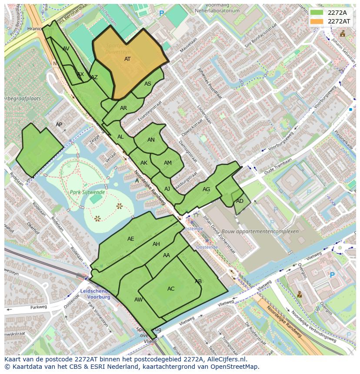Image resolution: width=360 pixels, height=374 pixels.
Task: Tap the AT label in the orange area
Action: (127, 59)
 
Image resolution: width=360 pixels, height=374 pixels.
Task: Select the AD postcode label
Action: (240, 201)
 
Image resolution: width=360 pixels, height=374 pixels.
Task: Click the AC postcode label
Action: (171, 289)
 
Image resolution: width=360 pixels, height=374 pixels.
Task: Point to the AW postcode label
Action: (138, 300)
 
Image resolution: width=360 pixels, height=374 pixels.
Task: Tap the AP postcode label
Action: (59, 125)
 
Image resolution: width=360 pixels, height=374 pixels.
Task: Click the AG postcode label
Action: (206, 189)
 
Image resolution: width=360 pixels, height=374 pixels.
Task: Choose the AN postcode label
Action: (151, 140)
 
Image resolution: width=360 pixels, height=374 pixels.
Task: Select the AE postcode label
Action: (131, 239)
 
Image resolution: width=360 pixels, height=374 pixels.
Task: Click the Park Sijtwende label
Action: (87, 192)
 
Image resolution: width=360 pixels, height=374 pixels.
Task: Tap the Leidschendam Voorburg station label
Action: (96, 294)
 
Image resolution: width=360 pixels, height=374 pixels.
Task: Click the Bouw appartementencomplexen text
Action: (260, 232)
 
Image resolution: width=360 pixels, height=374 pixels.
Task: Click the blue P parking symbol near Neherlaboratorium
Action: (162, 14)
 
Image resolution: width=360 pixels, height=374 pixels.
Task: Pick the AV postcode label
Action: (66, 49)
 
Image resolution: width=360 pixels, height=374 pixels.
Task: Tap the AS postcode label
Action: (148, 84)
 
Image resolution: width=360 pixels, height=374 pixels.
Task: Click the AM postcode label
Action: (168, 163)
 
